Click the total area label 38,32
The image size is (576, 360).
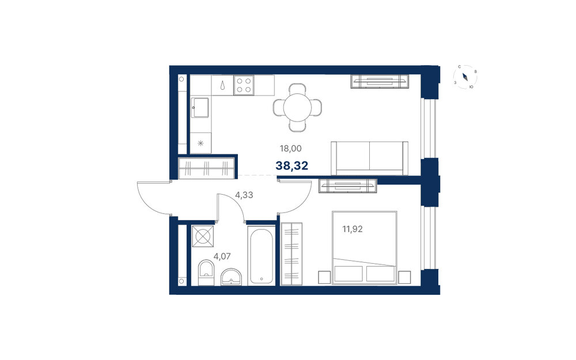click(x=291, y=166)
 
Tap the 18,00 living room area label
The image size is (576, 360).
click(x=290, y=149)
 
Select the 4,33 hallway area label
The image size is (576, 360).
click(x=244, y=195)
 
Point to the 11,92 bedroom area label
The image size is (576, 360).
click(x=353, y=229)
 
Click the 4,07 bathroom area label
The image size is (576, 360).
click(x=222, y=256)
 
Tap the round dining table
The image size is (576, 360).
click(x=298, y=108)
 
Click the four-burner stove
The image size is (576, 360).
click(x=244, y=85)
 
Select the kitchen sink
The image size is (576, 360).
click(x=200, y=107)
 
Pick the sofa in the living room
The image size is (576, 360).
click(x=370, y=158)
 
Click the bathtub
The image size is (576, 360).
click(x=261, y=256)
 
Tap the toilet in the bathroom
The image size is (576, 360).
click(x=206, y=272)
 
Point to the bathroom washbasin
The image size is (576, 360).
click(x=232, y=277)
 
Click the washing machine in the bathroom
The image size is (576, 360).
click(x=202, y=236)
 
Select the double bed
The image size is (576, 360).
click(x=365, y=248)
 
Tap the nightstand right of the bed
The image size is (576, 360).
click(x=404, y=277)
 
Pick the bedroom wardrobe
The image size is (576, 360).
click(x=291, y=254)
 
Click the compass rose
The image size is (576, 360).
click(x=465, y=77)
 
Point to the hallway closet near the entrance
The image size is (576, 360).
click(x=206, y=168)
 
